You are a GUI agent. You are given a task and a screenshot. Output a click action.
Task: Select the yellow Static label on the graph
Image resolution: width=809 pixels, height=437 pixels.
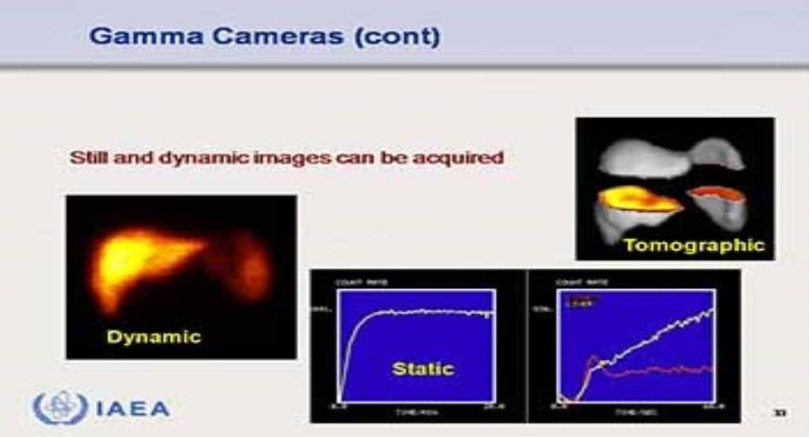tap(423, 369)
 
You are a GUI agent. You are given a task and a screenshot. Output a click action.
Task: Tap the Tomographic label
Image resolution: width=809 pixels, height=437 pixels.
tap(694, 245)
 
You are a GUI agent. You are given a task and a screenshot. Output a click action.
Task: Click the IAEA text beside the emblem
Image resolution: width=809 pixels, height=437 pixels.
tap(132, 408)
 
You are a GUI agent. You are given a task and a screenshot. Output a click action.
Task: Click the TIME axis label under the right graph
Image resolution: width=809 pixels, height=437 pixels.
tap(632, 410)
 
